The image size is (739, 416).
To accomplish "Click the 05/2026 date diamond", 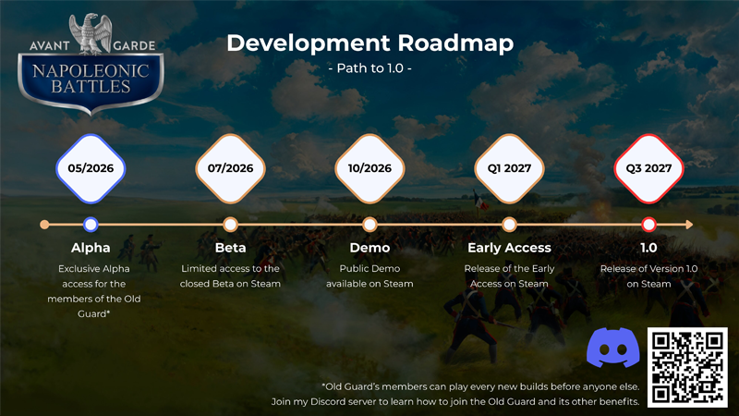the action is [x=91, y=168].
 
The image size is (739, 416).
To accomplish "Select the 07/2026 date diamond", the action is [x=230, y=168].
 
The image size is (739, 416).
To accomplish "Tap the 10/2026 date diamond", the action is [x=369, y=168].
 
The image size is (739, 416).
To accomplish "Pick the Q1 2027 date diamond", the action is [x=509, y=168].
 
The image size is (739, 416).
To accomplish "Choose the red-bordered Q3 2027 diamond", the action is [x=648, y=168].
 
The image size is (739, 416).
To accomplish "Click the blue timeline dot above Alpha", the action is [x=91, y=225].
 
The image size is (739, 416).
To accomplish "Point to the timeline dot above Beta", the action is [x=230, y=225].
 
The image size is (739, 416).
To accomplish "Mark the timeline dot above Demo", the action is [x=369, y=225].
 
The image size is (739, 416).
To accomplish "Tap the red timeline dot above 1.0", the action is [x=648, y=225].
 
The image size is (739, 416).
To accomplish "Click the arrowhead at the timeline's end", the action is [x=689, y=225].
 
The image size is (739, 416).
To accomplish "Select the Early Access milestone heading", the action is [x=509, y=248].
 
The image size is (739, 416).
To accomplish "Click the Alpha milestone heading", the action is [x=91, y=248].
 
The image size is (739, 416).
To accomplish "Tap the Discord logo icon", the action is [x=612, y=349].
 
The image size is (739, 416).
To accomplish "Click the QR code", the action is [x=687, y=367].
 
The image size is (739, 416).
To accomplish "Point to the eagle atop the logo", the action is [x=91, y=33].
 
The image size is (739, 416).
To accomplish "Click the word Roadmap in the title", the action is [x=455, y=43].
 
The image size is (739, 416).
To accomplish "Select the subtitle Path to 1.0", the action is [x=370, y=68].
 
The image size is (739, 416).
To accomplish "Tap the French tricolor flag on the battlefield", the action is [x=480, y=202].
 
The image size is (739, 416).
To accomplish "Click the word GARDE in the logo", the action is [x=134, y=45].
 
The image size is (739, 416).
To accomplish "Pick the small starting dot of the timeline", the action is [x=44, y=225].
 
